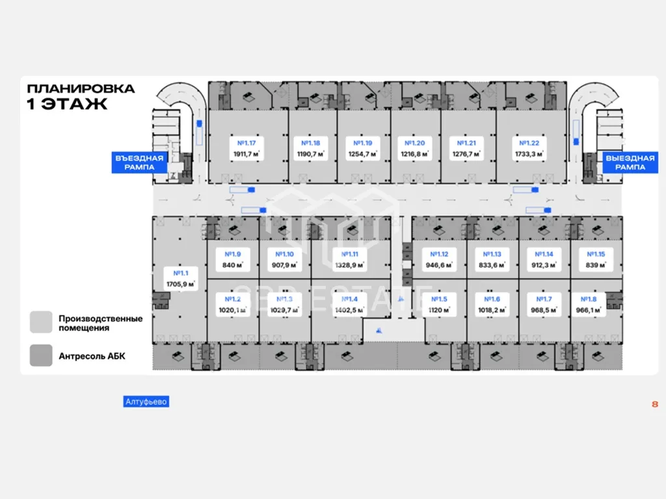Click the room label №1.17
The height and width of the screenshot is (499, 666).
coord(246,143)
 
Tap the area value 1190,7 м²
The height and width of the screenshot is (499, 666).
coord(311,154)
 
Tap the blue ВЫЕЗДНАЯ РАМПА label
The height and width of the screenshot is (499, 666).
coord(629,162)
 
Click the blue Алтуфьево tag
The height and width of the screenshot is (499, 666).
coord(146,402)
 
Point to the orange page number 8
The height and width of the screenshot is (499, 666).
coord(654,404)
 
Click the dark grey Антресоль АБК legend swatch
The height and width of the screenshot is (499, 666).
coord(41,355)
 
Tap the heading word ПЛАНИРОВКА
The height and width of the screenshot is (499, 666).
coord(81,88)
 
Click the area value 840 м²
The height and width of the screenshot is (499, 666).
coord(232,265)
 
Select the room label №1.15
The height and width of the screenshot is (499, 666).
coord(596,254)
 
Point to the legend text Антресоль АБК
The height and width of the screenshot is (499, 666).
coord(92,356)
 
